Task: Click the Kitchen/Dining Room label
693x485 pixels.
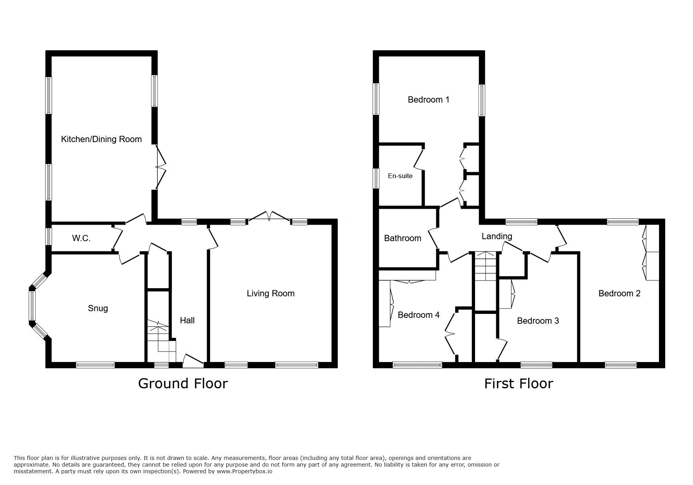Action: [x=101, y=139]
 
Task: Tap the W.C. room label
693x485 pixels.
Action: [x=81, y=238]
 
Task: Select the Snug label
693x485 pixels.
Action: [x=98, y=308]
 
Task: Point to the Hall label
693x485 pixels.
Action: [x=187, y=320]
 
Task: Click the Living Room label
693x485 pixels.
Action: [x=270, y=294]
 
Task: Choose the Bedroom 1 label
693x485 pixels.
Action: [x=428, y=100]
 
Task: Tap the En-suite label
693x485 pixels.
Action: [x=400, y=176]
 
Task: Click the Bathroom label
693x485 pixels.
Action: [x=403, y=238]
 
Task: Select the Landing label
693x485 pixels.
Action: [x=497, y=236]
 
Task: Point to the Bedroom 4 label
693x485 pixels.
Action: [x=419, y=315]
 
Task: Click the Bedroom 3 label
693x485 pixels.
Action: [x=538, y=321]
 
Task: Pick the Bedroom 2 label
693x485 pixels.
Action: [x=619, y=294]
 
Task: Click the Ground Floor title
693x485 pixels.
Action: [x=183, y=383]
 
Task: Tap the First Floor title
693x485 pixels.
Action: [x=518, y=383]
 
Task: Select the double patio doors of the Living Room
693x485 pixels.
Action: [x=270, y=217]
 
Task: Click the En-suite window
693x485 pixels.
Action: [x=376, y=178]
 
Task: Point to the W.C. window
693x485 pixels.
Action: [x=49, y=236]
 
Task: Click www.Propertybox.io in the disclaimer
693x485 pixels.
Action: [x=245, y=471]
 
